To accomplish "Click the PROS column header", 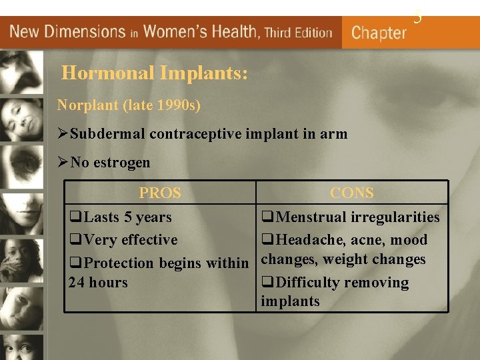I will [160, 193].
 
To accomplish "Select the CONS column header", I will [352, 193].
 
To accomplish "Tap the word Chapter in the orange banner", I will [379, 33].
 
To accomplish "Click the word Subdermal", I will [107, 134].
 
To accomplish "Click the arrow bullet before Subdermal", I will [63, 134].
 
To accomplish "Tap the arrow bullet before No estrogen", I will [63, 162].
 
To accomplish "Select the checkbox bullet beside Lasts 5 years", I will [76, 217].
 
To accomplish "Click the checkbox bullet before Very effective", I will [76, 240].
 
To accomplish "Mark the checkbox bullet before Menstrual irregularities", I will [268, 217].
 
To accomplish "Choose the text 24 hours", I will [98, 283].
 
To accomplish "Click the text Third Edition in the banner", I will [298, 32].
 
